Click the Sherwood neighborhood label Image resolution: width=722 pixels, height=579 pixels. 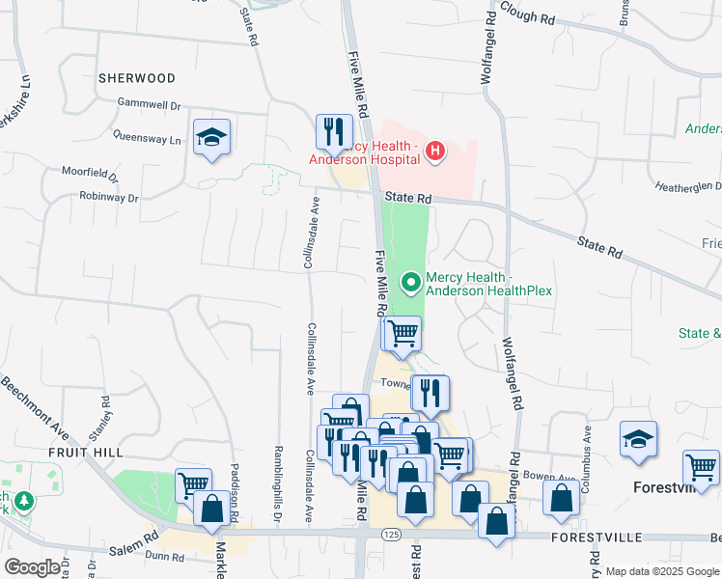(x=137, y=78)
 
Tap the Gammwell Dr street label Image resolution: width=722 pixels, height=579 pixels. (x=150, y=104)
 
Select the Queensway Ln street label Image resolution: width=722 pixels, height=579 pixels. (x=147, y=138)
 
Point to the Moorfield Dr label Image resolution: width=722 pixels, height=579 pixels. (x=90, y=175)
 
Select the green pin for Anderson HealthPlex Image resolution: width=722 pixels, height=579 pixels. (x=411, y=283)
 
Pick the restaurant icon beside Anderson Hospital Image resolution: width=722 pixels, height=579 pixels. (x=334, y=130)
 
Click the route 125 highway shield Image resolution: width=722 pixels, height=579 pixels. (x=390, y=534)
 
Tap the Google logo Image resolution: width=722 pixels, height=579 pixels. (x=32, y=567)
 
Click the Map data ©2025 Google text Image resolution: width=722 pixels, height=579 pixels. (x=661, y=571)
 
